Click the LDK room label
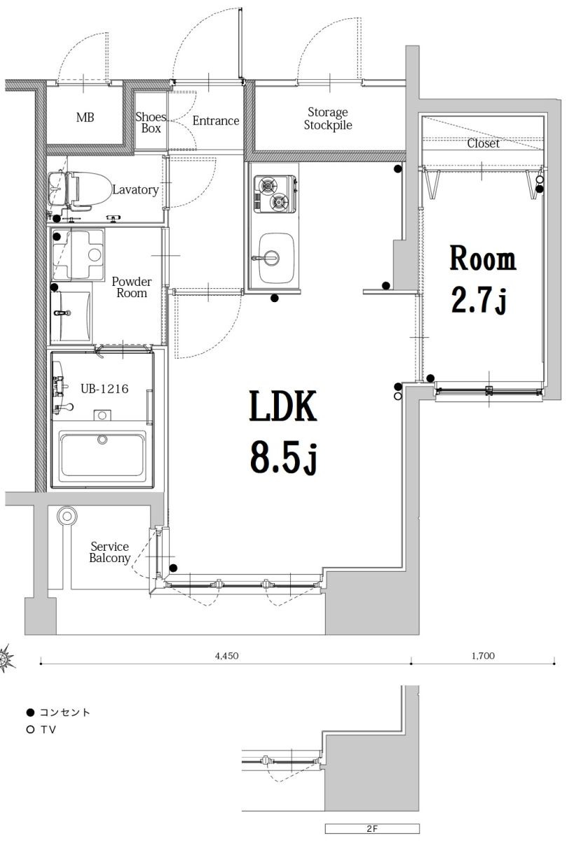click(x=283, y=406)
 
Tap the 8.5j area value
click(x=283, y=459)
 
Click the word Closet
click(x=483, y=144)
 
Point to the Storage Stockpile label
click(x=328, y=119)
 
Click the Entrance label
click(x=216, y=121)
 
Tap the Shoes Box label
click(x=151, y=123)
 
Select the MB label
click(x=85, y=117)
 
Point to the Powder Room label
click(x=131, y=287)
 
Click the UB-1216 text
click(x=104, y=389)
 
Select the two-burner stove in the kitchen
click(x=274, y=194)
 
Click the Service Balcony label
click(x=109, y=552)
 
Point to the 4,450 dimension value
click(x=226, y=656)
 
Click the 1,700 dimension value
click(x=483, y=656)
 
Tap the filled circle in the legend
click(x=29, y=712)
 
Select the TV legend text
click(x=48, y=730)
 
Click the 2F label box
click(x=372, y=828)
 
